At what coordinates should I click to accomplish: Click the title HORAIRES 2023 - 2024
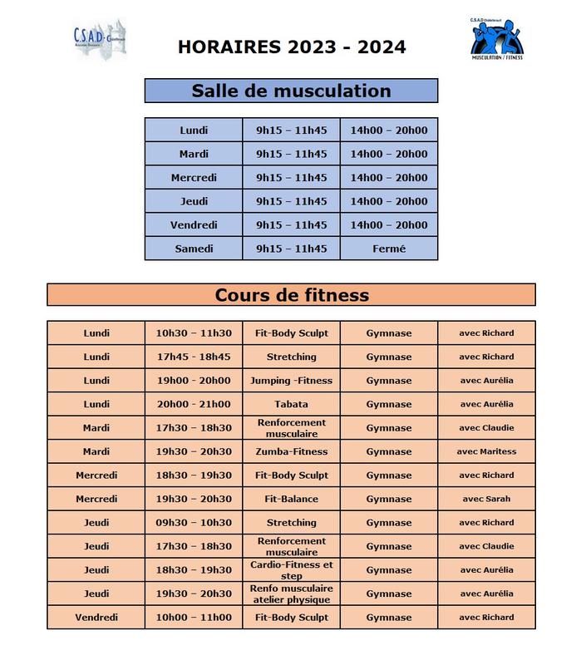tap(292, 47)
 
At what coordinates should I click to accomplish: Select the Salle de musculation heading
tap(291, 91)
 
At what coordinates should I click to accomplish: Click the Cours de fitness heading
tap(291, 295)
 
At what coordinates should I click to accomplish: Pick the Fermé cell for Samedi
tap(389, 249)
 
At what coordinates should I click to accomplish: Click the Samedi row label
tap(194, 249)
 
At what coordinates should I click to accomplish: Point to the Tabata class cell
tap(291, 404)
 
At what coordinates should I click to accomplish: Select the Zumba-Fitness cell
tap(291, 451)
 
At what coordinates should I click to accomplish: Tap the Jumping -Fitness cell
tap(291, 381)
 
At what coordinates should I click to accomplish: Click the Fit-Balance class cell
tap(291, 499)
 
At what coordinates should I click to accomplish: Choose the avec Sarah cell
tap(486, 499)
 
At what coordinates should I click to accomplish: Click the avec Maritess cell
tap(486, 451)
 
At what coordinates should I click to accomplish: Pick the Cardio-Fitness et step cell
tap(291, 569)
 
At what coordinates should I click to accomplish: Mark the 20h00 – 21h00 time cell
tap(194, 404)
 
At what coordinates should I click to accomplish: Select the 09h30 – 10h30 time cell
tap(194, 523)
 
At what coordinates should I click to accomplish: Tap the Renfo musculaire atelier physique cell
tap(291, 594)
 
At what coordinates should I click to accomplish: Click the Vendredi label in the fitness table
tap(96, 618)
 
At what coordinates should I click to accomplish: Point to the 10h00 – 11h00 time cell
tap(194, 618)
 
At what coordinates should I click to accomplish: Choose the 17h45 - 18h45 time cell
tap(194, 357)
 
